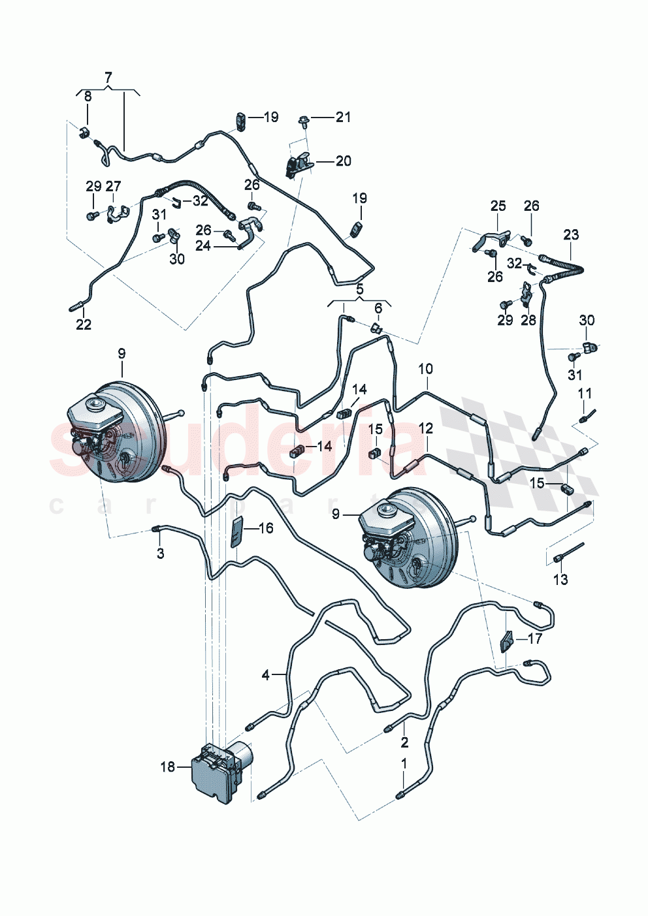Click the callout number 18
(x=168, y=766)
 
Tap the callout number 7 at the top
(x=108, y=77)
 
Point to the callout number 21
(x=343, y=117)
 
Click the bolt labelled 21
(x=305, y=119)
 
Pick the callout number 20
(x=343, y=161)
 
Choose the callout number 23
(x=571, y=234)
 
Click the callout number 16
(x=266, y=528)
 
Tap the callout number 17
(x=534, y=638)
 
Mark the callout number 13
(x=560, y=579)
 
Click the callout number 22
(x=84, y=324)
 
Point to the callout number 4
(x=266, y=674)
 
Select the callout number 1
(x=404, y=763)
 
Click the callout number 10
(x=425, y=369)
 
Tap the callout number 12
(x=425, y=428)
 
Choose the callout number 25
(x=498, y=206)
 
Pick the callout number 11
(x=585, y=393)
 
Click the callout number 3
(x=160, y=554)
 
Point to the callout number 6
(x=378, y=308)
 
